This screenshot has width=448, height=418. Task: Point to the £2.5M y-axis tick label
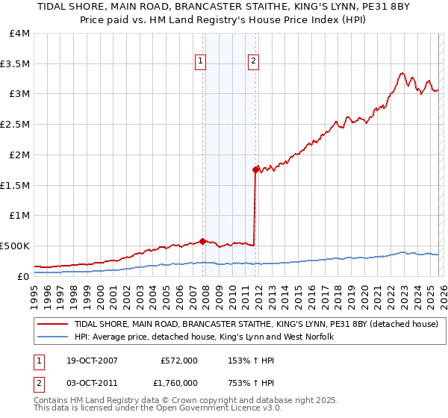15,125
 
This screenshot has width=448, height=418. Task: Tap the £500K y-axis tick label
15,246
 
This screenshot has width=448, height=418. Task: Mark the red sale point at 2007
202,241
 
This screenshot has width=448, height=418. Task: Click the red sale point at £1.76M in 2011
255,169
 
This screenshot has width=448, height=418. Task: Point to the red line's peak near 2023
402,73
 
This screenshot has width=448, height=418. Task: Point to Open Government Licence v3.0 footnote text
201,409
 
